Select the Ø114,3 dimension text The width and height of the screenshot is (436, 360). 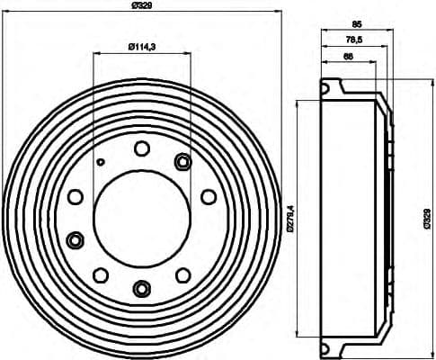[x=141, y=46]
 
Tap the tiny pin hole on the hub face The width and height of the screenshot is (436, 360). [x=102, y=162]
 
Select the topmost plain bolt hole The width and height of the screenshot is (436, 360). [x=142, y=148]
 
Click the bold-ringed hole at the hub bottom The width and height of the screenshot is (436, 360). [x=142, y=288]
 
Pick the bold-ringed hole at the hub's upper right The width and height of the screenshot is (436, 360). [x=182, y=162]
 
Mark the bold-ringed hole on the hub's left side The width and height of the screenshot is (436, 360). [x=76, y=239]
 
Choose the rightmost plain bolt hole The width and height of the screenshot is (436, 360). [x=209, y=196]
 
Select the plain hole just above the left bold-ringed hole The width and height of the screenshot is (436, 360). [x=76, y=196]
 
